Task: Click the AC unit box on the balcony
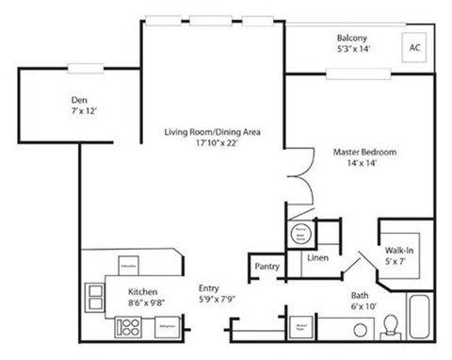[x=413, y=46]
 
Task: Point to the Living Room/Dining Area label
[x=212, y=133]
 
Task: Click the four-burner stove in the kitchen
[x=127, y=327]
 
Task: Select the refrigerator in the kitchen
[x=165, y=326]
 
